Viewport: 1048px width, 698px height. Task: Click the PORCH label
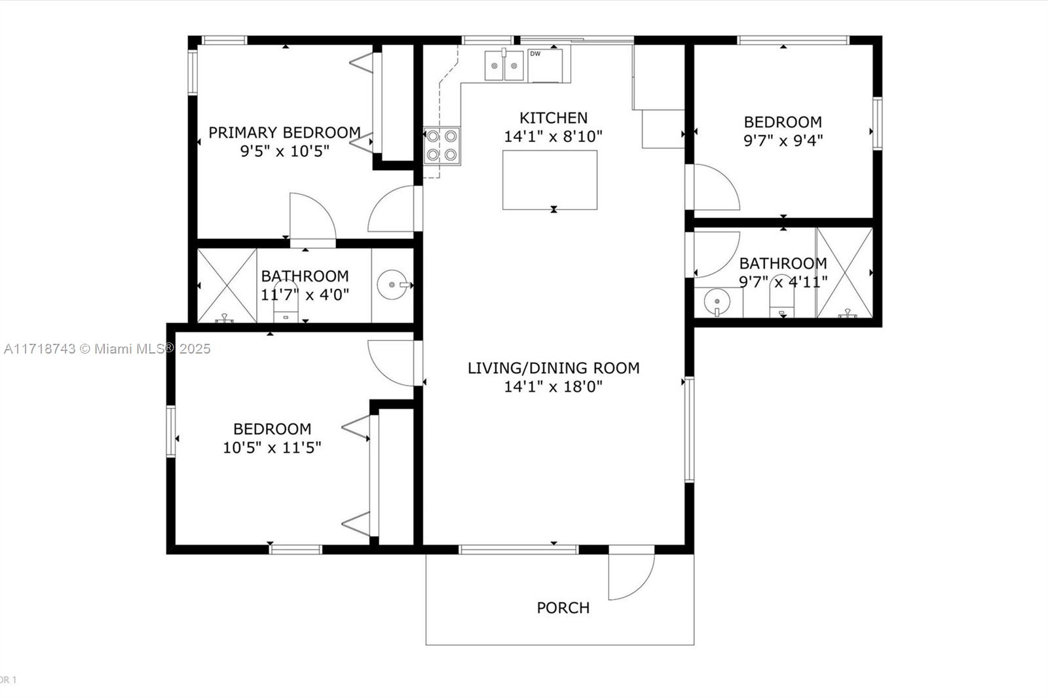(563, 608)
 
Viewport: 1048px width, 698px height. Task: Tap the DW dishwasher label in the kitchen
(535, 54)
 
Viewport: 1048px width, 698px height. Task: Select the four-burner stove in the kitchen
(441, 145)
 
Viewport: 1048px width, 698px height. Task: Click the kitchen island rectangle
(550, 180)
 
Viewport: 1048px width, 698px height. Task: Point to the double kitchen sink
(504, 65)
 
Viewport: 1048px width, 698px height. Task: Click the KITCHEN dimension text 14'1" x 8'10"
(553, 137)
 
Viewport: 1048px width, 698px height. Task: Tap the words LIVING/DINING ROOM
(553, 368)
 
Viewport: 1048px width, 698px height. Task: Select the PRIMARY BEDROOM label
(284, 133)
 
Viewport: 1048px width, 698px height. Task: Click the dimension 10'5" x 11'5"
(272, 448)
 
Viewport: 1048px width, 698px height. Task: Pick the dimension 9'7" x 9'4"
(783, 140)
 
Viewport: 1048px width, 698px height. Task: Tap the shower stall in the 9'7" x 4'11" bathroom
(844, 273)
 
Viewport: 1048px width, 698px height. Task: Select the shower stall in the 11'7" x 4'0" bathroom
(227, 285)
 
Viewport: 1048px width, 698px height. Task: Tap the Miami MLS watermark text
(107, 349)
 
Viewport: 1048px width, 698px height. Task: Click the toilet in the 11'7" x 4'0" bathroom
(286, 301)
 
